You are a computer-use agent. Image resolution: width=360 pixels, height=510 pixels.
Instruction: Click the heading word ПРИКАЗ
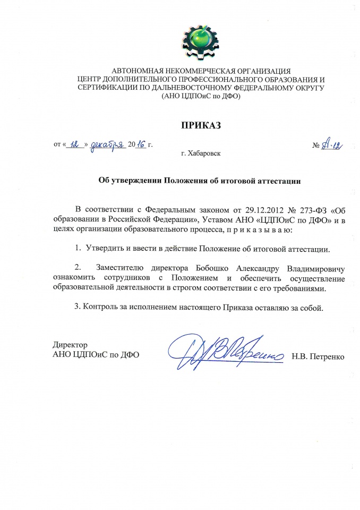pyautogui.click(x=200, y=125)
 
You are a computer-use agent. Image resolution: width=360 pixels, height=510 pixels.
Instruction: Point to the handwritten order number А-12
pyautogui.click(x=330, y=144)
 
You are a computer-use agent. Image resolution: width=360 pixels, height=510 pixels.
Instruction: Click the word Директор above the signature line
pyautogui.click(x=70, y=345)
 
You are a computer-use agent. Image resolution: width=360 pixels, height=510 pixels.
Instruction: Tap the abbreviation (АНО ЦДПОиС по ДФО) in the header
pyautogui.click(x=200, y=97)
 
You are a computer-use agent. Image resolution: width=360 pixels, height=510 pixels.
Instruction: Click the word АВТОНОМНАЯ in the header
pyautogui.click(x=137, y=71)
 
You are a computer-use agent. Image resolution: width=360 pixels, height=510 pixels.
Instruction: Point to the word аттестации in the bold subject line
pyautogui.click(x=276, y=181)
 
